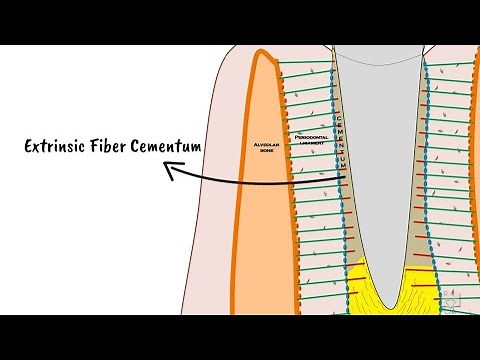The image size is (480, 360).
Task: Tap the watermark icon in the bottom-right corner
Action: [455, 299]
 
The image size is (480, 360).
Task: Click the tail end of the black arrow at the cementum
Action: [342, 178]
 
